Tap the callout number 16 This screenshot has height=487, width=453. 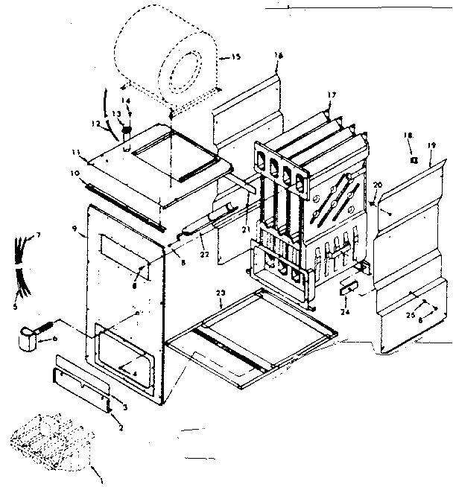coord(279,54)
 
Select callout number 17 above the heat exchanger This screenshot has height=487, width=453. coord(332,95)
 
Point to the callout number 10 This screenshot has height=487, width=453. coord(75,174)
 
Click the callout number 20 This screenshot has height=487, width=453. coord(378,185)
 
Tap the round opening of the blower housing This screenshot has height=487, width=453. coord(183,76)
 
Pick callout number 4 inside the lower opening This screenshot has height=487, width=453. coord(135,372)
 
